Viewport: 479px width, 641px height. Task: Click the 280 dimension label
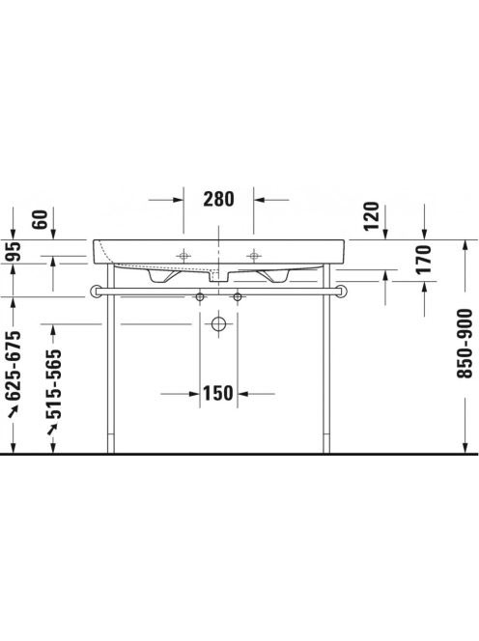[219, 200]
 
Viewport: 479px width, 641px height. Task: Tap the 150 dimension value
[218, 394]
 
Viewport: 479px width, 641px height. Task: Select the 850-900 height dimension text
[465, 344]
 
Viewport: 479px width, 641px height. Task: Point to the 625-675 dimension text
[13, 366]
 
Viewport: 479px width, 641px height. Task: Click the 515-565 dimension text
[53, 384]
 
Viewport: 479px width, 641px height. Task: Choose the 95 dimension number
[13, 252]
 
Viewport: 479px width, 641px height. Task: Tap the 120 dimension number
[372, 216]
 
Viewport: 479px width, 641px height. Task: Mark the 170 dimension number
[423, 259]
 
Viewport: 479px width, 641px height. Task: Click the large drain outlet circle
[219, 324]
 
